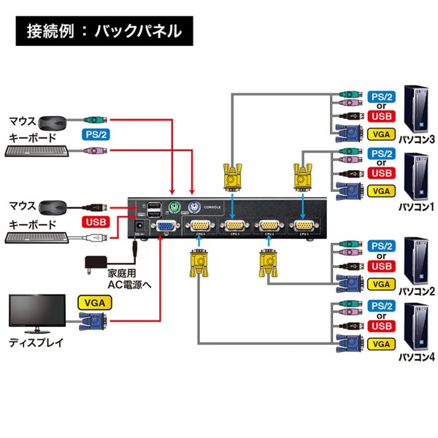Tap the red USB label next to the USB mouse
pyautogui.click(x=95, y=221)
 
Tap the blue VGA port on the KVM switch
pyautogui.click(x=165, y=226)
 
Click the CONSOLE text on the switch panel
pyautogui.click(x=212, y=207)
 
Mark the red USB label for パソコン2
pyautogui.click(x=381, y=265)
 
